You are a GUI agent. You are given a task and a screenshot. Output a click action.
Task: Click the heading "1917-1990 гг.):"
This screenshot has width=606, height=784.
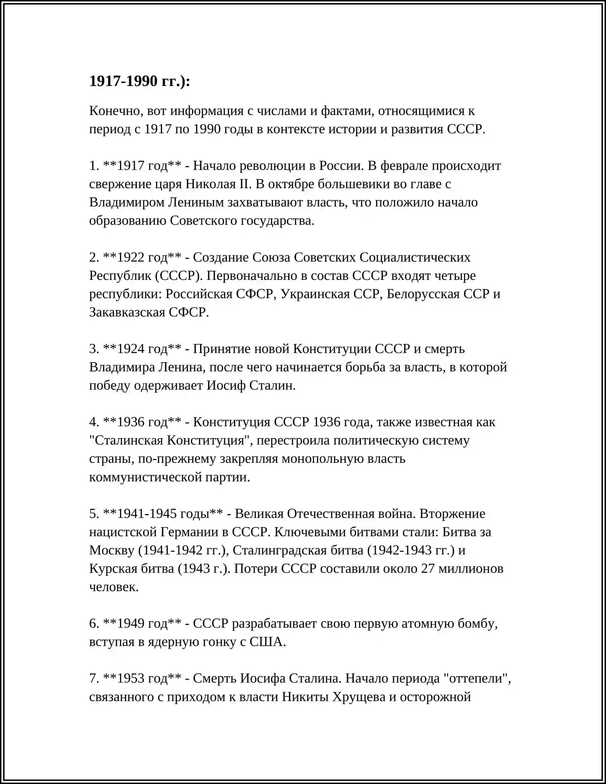tap(139, 81)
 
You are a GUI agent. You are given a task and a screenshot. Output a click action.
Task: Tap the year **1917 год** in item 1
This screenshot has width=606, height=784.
tap(142, 166)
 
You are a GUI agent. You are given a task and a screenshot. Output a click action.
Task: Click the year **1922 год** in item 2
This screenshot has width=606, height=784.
tap(142, 257)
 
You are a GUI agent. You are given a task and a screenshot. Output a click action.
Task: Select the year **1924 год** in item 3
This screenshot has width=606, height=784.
tap(142, 349)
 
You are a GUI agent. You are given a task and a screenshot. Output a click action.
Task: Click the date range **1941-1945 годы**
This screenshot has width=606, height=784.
tap(163, 514)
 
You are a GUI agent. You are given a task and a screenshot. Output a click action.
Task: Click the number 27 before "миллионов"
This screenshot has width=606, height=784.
tap(428, 569)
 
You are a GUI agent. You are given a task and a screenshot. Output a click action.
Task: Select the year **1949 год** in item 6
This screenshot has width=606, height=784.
tap(142, 624)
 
